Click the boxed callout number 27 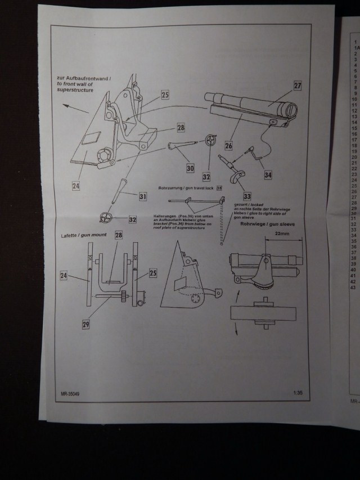point(297,86)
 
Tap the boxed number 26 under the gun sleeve point(228,145)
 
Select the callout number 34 point(268,175)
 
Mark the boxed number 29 point(86,325)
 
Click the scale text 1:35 point(298,393)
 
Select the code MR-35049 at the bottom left point(70,394)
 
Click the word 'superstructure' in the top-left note point(75,89)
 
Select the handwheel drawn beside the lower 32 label point(103,217)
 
